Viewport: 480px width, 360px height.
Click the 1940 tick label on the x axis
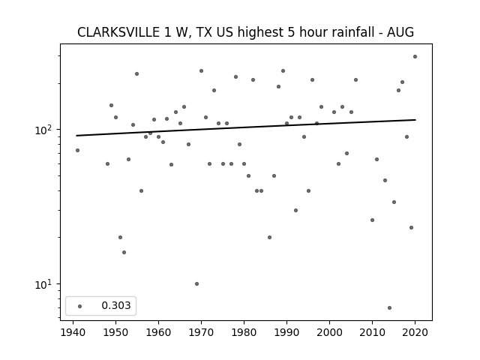click(x=73, y=332)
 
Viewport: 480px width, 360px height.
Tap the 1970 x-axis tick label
click(x=201, y=332)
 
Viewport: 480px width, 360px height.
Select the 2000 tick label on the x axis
click(x=329, y=332)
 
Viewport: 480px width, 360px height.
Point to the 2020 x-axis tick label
click(x=415, y=332)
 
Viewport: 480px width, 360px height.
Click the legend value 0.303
click(x=116, y=305)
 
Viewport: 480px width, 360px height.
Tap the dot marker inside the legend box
click(x=80, y=306)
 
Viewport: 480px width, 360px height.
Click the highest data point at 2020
click(x=415, y=57)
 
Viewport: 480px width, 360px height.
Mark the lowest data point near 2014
click(x=389, y=307)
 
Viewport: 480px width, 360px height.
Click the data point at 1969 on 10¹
click(x=196, y=283)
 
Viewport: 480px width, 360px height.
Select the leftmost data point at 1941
click(x=77, y=150)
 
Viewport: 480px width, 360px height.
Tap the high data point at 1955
click(x=136, y=73)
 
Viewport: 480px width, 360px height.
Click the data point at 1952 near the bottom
click(x=124, y=252)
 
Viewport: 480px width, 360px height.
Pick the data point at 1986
click(x=269, y=237)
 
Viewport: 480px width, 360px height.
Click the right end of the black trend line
click(x=415, y=120)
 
